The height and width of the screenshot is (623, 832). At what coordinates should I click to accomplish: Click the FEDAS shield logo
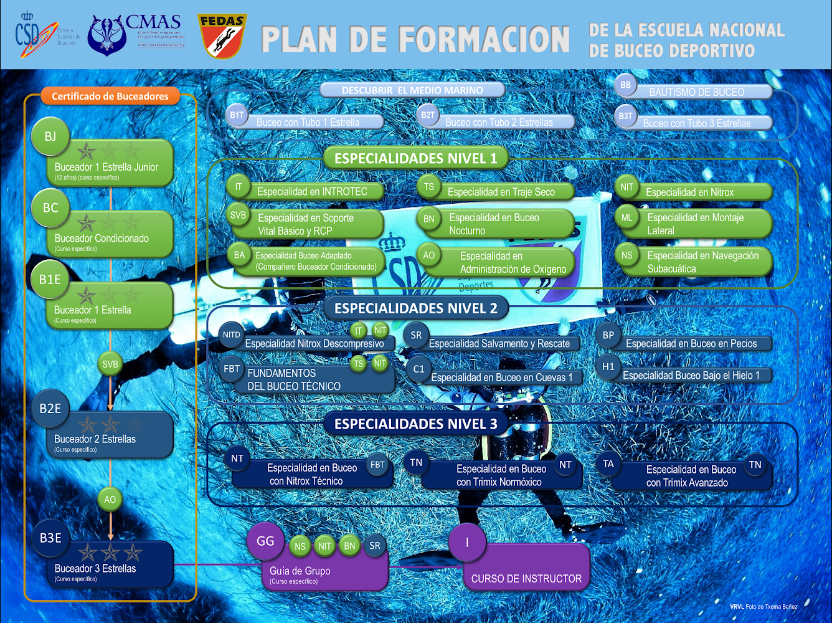point(222,36)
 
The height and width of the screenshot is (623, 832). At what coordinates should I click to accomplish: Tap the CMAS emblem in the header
point(107,36)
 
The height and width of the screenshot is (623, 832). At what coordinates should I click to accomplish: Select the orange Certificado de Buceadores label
point(110,96)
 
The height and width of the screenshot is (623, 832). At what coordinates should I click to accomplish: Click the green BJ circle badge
point(50,136)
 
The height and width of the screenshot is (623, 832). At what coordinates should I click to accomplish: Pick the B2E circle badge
point(50,409)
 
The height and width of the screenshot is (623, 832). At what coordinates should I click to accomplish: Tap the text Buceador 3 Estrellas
point(95,568)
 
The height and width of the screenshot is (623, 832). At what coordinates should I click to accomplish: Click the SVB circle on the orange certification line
point(110,364)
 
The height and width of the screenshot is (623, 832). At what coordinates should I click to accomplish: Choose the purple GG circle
point(265,541)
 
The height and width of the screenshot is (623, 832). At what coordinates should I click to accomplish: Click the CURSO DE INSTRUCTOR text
point(526,579)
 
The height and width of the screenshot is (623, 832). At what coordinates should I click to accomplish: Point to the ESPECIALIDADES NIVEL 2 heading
point(415,308)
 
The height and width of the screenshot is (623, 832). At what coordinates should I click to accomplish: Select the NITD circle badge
point(232,335)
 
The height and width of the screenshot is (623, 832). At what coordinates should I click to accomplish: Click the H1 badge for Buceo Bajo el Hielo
point(608,367)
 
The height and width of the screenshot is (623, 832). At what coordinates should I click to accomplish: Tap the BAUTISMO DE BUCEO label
point(696,92)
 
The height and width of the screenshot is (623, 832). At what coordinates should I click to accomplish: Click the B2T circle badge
point(428,115)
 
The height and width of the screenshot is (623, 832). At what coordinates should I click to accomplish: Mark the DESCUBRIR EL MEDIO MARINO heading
point(412,90)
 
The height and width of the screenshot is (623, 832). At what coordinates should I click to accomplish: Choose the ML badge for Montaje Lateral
point(626,217)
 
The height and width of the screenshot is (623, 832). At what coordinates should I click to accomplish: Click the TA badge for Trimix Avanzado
point(608,464)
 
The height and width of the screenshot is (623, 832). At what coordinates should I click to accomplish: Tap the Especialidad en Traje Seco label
point(501,192)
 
